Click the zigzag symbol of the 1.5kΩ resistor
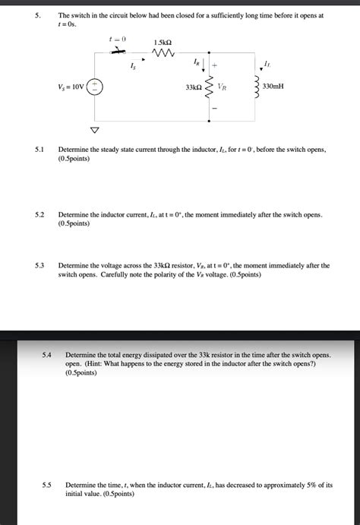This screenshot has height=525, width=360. point(165,53)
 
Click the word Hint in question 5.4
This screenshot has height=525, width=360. point(89,365)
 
